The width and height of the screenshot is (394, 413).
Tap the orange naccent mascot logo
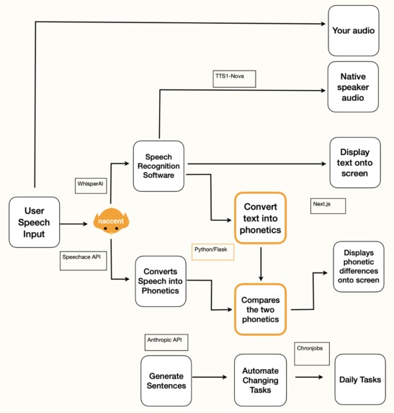click(x=111, y=221)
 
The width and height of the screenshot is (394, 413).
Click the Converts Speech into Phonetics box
click(x=158, y=280)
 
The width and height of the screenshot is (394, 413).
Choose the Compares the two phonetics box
click(x=260, y=309)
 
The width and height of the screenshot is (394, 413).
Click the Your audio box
click(x=353, y=31)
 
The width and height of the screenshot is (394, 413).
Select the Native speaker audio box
click(x=353, y=86)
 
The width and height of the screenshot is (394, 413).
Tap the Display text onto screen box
click(x=354, y=163)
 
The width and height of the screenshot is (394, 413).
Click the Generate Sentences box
click(x=166, y=380)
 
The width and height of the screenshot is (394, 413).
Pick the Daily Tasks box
click(x=357, y=380)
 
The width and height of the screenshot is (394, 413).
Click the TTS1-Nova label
click(x=234, y=79)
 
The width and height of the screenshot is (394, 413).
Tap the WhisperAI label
click(x=91, y=185)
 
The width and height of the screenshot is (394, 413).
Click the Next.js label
click(x=328, y=205)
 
